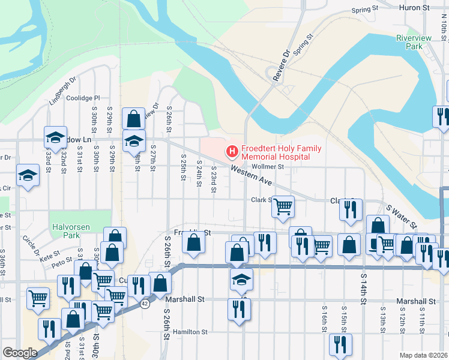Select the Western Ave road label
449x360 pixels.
(x=252, y=176)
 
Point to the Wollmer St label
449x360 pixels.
(x=267, y=167)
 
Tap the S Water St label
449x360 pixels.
(x=401, y=215)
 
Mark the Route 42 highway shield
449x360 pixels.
(x=145, y=304)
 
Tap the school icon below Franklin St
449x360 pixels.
(x=241, y=279)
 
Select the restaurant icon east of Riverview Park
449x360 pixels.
(x=442, y=115)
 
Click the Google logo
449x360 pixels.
(x=20, y=353)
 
